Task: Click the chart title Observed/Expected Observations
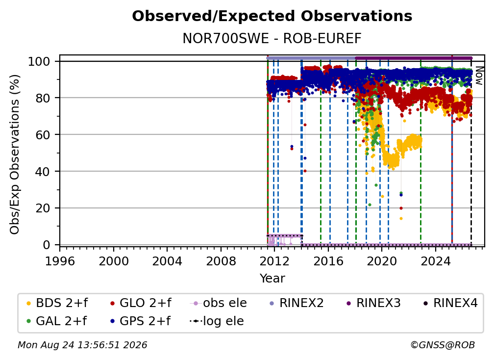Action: pyautogui.click(x=272, y=16)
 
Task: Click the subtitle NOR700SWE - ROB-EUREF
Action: pyautogui.click(x=272, y=38)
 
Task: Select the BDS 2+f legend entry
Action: pyautogui.click(x=57, y=303)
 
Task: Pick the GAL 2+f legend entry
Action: pyautogui.click(x=56, y=321)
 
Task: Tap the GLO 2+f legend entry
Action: pyautogui.click(x=141, y=303)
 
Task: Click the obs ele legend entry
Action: pyautogui.click(x=219, y=303)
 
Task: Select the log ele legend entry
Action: pyautogui.click(x=217, y=321)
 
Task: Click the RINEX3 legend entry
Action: pyautogui.click(x=373, y=303)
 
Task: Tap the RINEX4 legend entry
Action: pyautogui.click(x=450, y=303)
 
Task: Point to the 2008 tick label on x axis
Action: pyautogui.click(x=221, y=261)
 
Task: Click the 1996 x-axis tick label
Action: pyautogui.click(x=60, y=261)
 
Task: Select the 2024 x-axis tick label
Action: pyautogui.click(x=436, y=261)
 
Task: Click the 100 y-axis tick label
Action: pyautogui.click(x=39, y=61)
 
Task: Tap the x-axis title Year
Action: pyautogui.click(x=272, y=279)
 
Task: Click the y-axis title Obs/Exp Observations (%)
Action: pyautogui.click(x=15, y=154)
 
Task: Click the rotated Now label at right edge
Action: pyautogui.click(x=479, y=76)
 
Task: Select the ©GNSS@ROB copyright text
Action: pyautogui.click(x=443, y=345)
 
